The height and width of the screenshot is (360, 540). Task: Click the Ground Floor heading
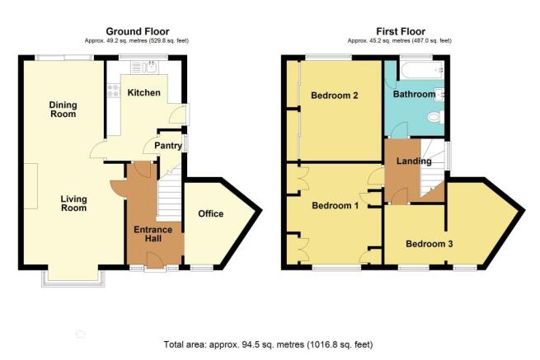coord(138,31)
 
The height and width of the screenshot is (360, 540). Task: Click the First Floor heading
coord(401,31)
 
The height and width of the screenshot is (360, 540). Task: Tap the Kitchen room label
coord(144,92)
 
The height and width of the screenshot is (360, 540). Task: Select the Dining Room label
coord(63,110)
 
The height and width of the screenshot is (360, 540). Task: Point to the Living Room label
coord(73,203)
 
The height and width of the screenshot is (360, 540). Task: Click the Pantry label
coord(168,146)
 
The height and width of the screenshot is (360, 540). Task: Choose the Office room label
coord(211,213)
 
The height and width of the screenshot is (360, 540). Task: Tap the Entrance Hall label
coord(153,234)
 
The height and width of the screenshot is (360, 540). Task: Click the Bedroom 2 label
coord(335,96)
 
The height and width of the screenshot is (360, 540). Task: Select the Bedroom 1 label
coord(335,206)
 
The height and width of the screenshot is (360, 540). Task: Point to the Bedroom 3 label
coord(429,244)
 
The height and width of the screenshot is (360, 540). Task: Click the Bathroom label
coord(415,94)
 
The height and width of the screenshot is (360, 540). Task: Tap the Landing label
coord(414,161)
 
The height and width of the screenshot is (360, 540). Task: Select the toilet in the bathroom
coord(435,117)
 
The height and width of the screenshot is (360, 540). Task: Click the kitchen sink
coord(151,67)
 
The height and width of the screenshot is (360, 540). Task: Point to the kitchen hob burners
coord(113,91)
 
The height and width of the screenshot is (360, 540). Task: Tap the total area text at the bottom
coord(268,344)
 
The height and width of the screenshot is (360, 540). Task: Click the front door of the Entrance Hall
coord(155,260)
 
